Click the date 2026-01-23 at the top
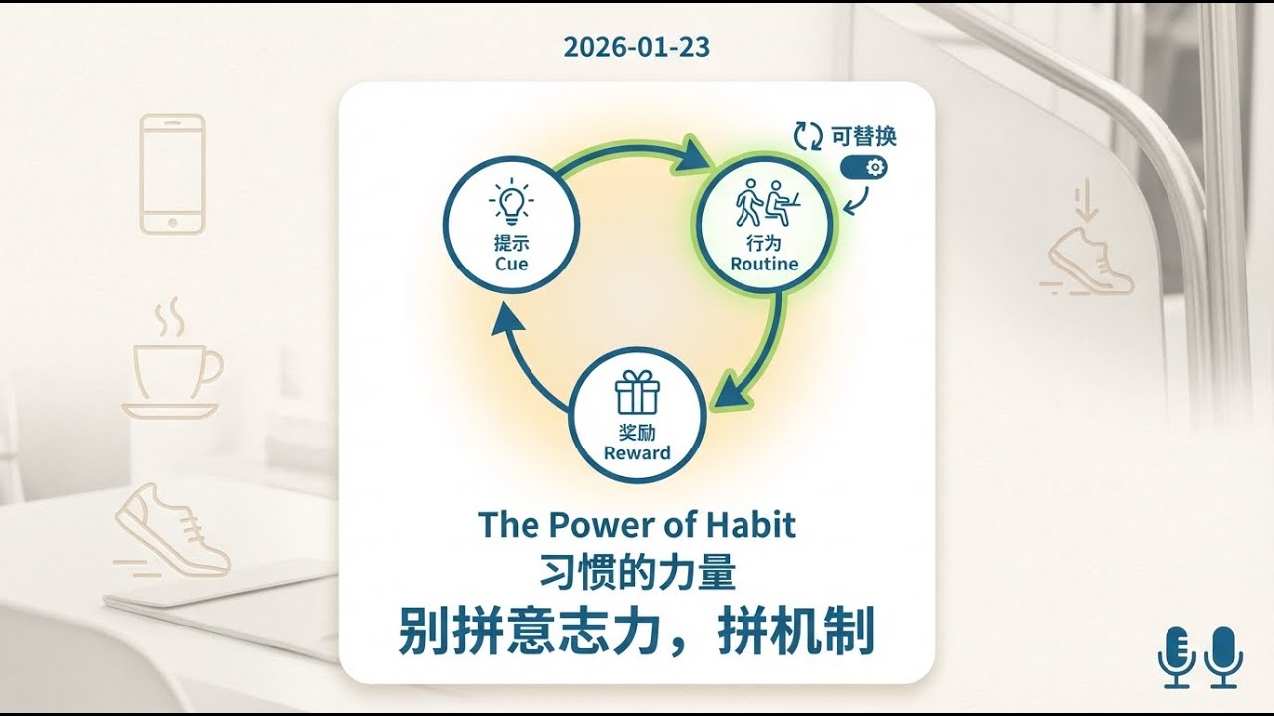click(x=636, y=47)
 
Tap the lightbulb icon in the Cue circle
click(x=511, y=204)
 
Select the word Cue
click(x=511, y=264)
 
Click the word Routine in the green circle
click(x=764, y=264)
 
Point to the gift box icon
click(x=637, y=392)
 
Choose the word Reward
click(x=637, y=453)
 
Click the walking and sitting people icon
click(x=764, y=204)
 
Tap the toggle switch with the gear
click(x=863, y=167)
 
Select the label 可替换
click(x=864, y=136)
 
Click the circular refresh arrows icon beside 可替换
click(x=808, y=136)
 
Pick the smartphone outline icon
click(x=172, y=174)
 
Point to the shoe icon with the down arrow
click(x=1088, y=249)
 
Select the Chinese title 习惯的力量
click(x=637, y=575)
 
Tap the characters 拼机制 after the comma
click(x=795, y=630)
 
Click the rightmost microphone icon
click(x=1223, y=656)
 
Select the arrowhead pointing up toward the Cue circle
click(x=509, y=321)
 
